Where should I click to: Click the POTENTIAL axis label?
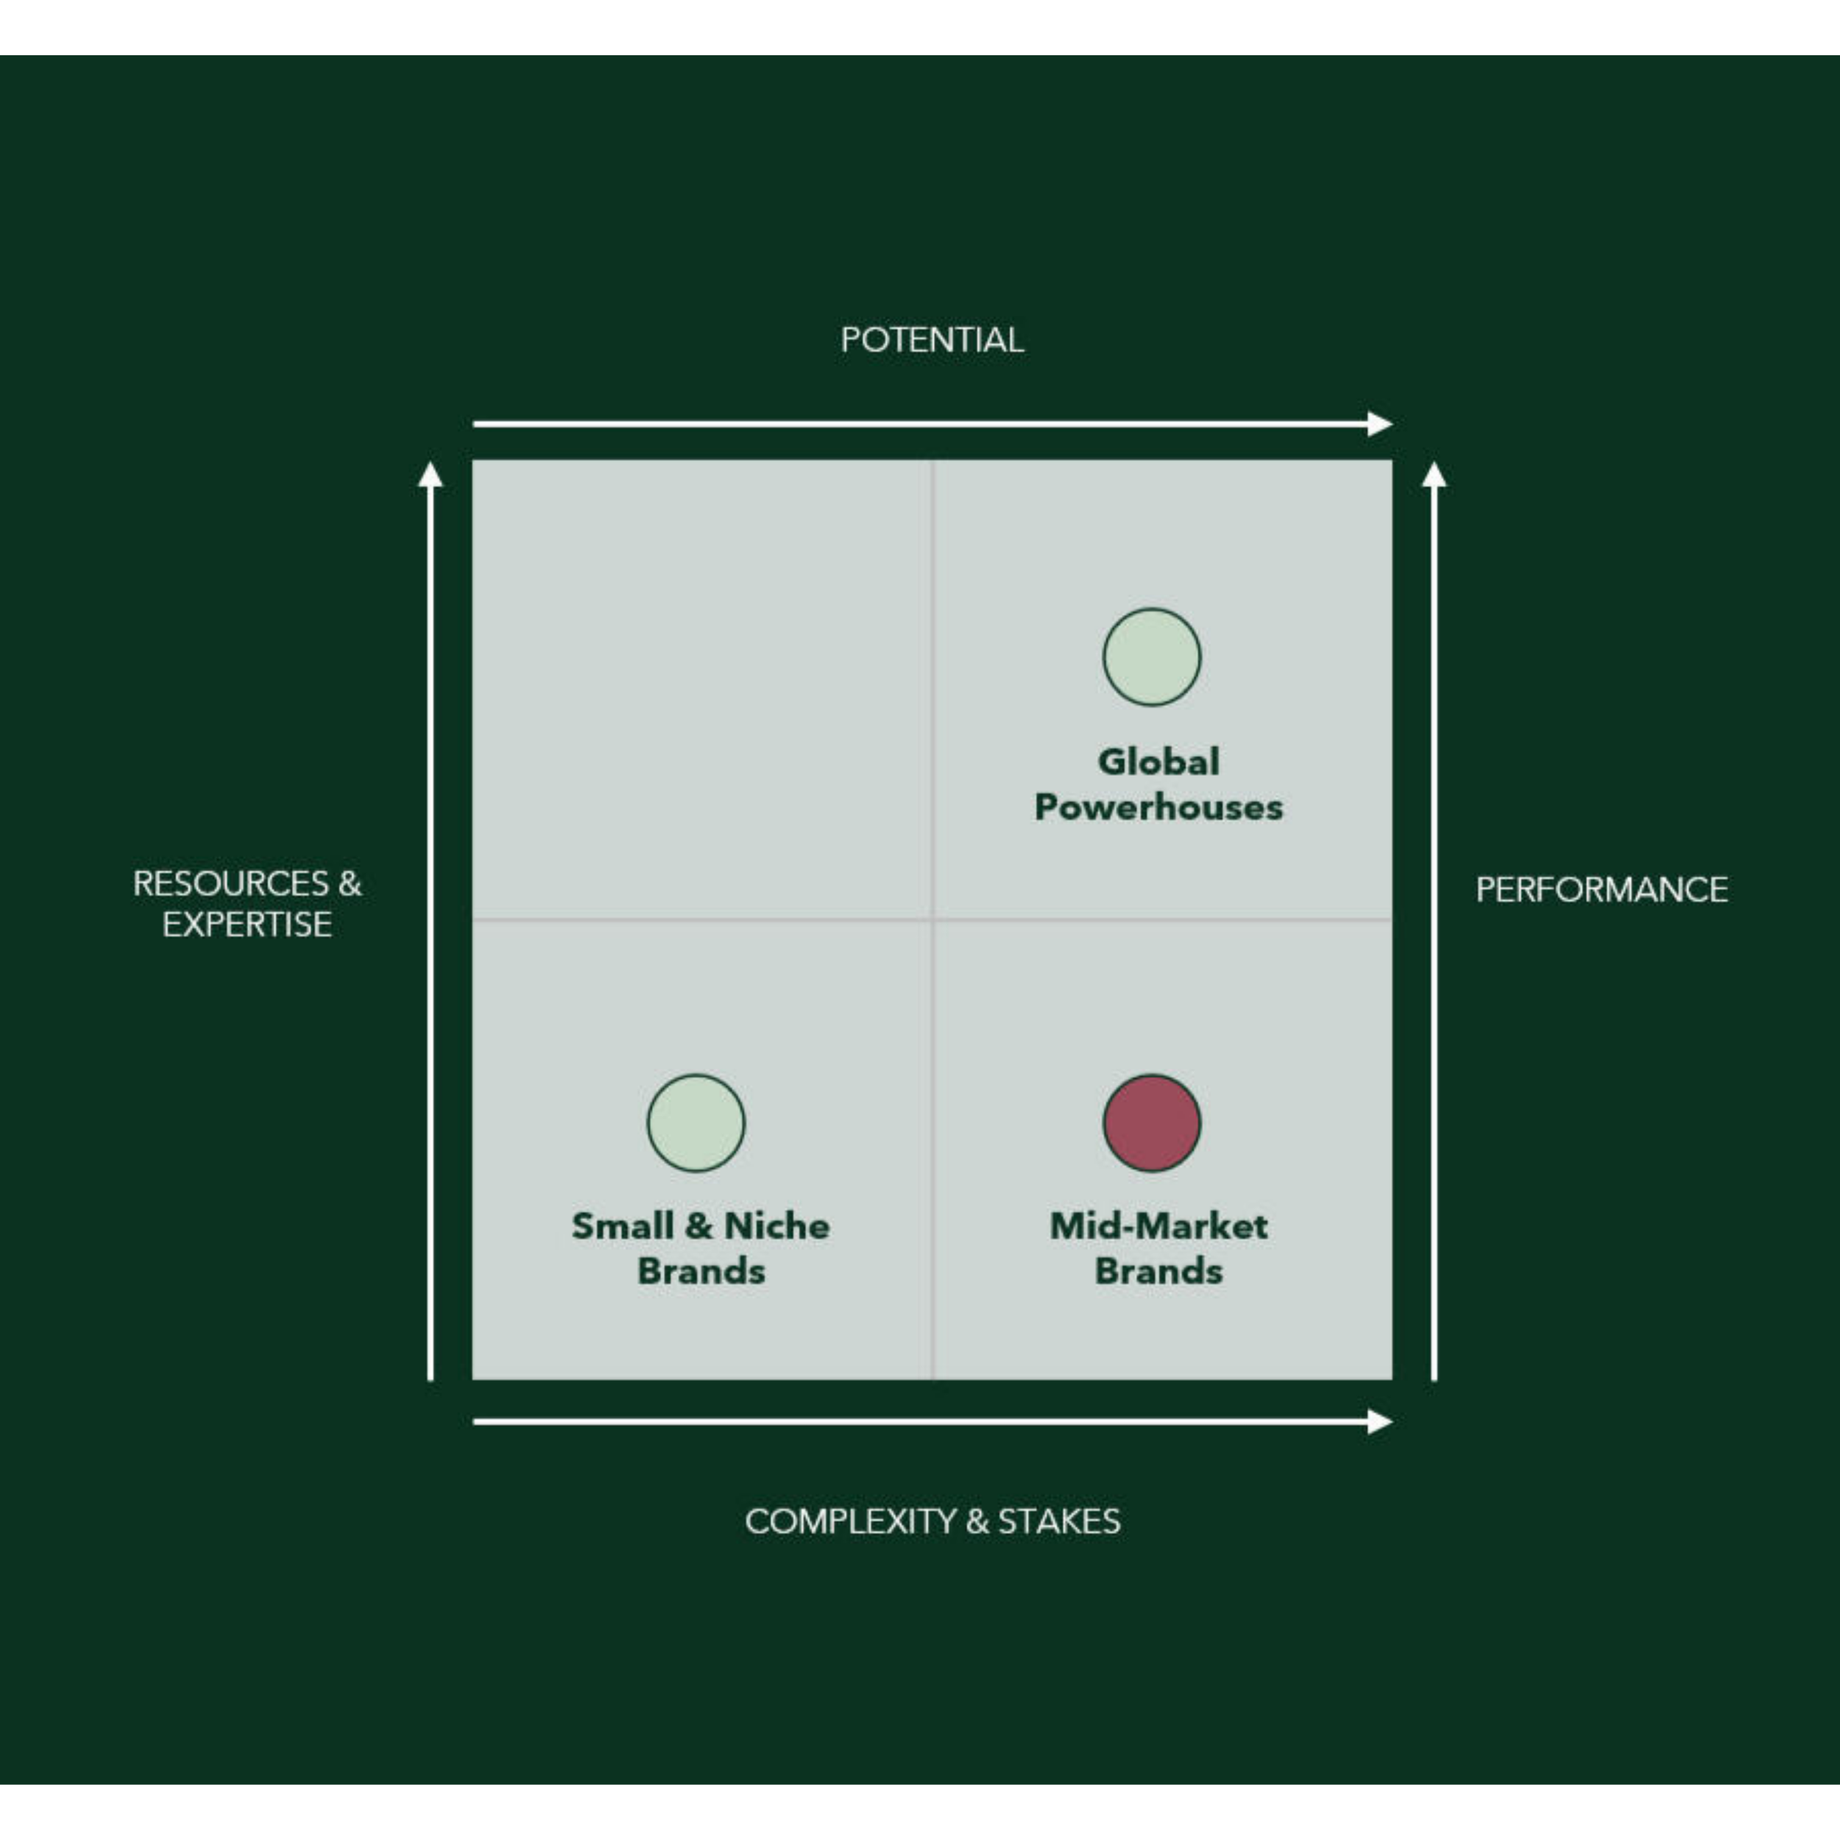(x=932, y=340)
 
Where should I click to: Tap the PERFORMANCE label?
(x=1601, y=890)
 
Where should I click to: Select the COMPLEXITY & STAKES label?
(x=932, y=1521)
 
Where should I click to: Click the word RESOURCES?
(x=231, y=883)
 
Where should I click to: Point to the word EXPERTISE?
(x=247, y=924)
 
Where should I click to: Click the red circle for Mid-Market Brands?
(x=1151, y=1123)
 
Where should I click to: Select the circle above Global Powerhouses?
(x=1151, y=657)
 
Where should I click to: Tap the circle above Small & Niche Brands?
(x=696, y=1123)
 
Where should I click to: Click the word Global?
(x=1158, y=762)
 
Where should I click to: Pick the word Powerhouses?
(x=1158, y=807)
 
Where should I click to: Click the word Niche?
(x=776, y=1225)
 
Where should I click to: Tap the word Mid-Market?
(x=1158, y=1225)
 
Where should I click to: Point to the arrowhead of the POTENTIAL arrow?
(x=1380, y=424)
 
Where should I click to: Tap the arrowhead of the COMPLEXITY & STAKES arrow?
(x=1380, y=1422)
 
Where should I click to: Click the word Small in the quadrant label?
(x=622, y=1225)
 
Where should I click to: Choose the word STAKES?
(x=1058, y=1521)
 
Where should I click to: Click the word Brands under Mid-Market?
(x=1158, y=1271)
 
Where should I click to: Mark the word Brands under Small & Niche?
(x=701, y=1271)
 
